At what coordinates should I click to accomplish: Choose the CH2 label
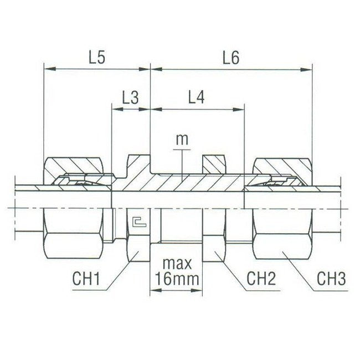[260, 278]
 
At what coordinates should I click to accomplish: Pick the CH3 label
[331, 278]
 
